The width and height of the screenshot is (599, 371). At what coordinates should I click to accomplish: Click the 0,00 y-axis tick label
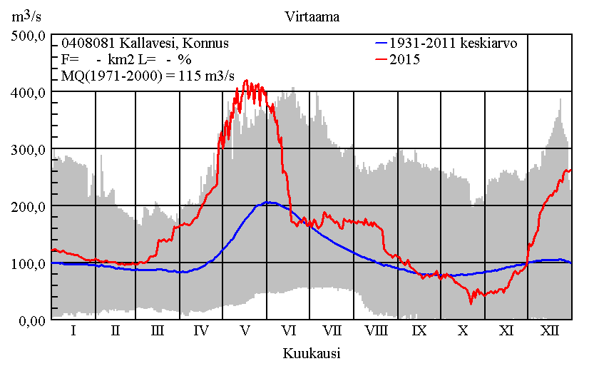coord(29,320)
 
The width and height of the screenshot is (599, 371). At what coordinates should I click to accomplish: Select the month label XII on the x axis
coord(550,331)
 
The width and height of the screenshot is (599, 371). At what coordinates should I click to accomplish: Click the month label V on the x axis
coord(245,331)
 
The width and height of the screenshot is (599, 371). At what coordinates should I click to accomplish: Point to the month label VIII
coord(376,331)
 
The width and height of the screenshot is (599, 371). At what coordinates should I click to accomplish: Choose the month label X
coord(463,331)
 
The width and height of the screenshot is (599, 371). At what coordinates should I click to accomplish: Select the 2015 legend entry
coord(405,60)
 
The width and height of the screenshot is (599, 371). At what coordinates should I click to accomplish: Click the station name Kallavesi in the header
coord(132,44)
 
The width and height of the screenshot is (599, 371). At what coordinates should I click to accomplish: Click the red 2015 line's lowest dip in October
coord(471,303)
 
